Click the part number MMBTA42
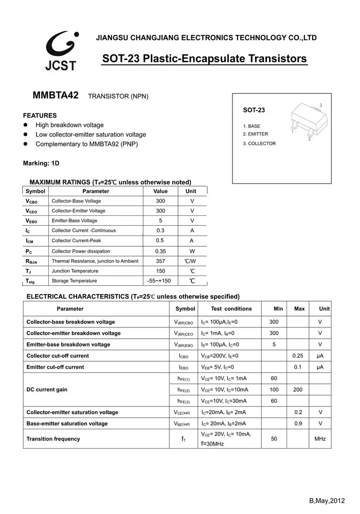pyautogui.click(x=56, y=96)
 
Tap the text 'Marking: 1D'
pyautogui.click(x=41, y=163)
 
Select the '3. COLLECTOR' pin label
pyautogui.click(x=259, y=144)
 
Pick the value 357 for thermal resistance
pyautogui.click(x=160, y=261)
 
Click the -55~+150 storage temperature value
pyautogui.click(x=159, y=281)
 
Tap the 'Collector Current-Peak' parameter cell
pyautogui.click(x=77, y=241)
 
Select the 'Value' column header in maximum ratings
pyautogui.click(x=160, y=191)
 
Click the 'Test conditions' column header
pyautogui.click(x=231, y=309)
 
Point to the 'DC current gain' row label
pyautogui.click(x=47, y=390)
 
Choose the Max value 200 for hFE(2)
pyautogui.click(x=298, y=390)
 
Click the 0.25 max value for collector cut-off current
pyautogui.click(x=298, y=356)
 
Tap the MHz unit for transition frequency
pyautogui.click(x=320, y=439)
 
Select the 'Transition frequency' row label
pyautogui.click(x=53, y=439)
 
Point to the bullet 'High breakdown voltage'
pyautogui.click(x=69, y=125)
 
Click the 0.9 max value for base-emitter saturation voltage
pyautogui.click(x=298, y=424)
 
